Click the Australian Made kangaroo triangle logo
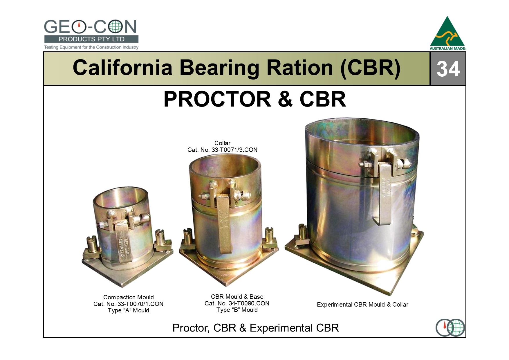click(448, 33)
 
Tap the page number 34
click(448, 69)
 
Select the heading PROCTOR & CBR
click(255, 99)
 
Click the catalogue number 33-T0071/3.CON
click(234, 150)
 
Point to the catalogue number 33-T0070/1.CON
click(140, 304)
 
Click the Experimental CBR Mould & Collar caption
click(362, 305)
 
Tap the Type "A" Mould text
click(129, 310)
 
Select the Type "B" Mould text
click(237, 310)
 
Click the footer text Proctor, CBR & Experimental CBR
click(255, 328)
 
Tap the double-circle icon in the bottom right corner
click(450, 328)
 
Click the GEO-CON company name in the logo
click(90, 27)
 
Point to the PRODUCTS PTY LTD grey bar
click(91, 39)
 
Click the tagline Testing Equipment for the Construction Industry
click(91, 47)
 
